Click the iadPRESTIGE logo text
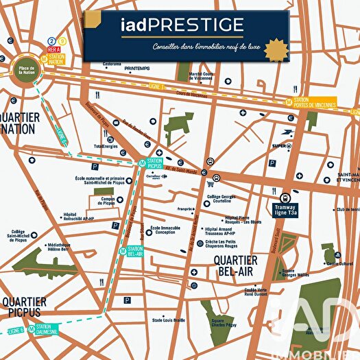coord(184,27)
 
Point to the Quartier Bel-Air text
coord(235,265)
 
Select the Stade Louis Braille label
coord(169,320)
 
